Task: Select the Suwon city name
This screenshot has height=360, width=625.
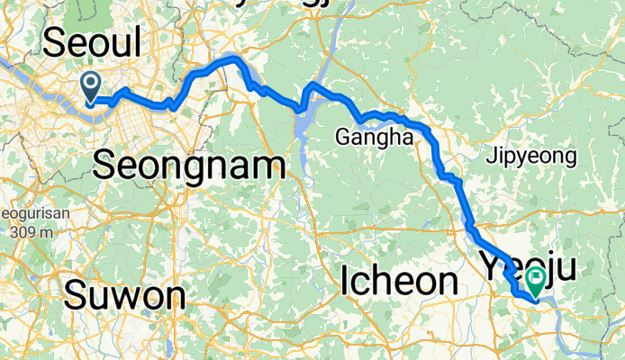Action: pos(125,294)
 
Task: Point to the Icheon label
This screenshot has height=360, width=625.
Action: pos(400,281)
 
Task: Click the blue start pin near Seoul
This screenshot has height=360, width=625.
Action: pos(91,87)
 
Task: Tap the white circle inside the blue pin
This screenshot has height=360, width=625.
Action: pos(91,84)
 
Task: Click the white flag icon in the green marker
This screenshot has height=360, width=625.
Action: pos(538,279)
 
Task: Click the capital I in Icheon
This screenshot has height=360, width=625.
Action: pos(347,281)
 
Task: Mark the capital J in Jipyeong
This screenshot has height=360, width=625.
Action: pos(489,157)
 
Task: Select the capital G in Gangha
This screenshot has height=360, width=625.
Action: pos(342,138)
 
